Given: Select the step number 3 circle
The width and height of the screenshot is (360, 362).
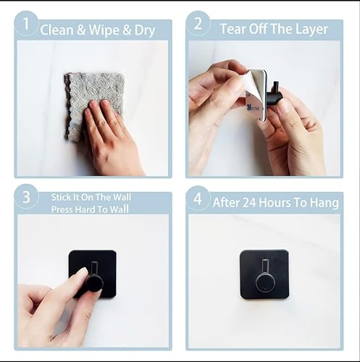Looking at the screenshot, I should (x=26, y=198).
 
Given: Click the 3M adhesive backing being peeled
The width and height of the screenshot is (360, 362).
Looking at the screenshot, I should (x=255, y=94).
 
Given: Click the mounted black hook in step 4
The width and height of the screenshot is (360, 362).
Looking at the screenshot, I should (x=264, y=274).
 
